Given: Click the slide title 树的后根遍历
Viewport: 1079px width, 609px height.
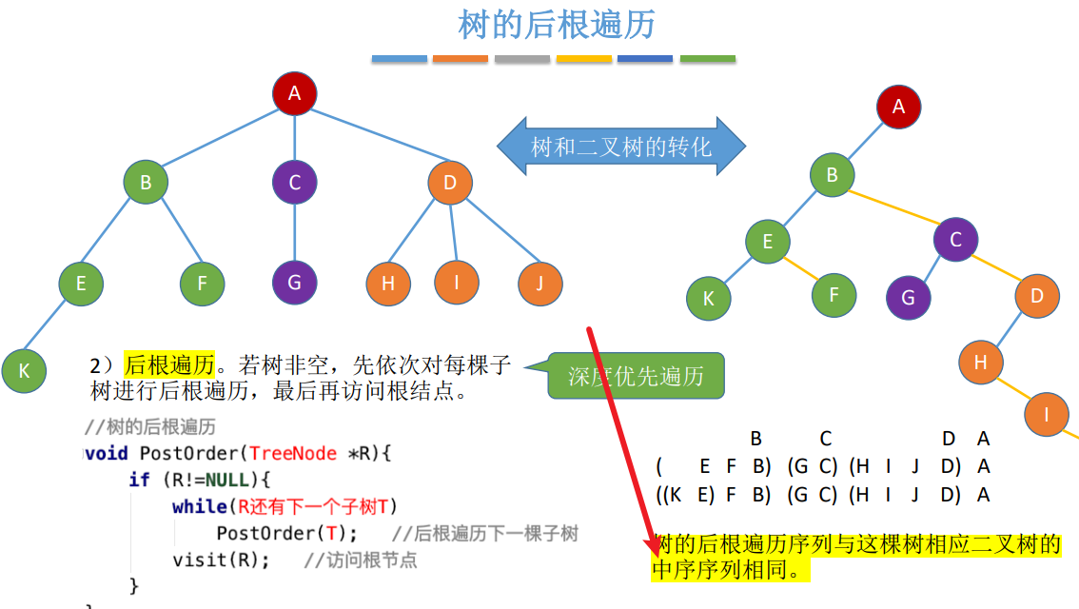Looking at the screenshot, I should click(x=557, y=25).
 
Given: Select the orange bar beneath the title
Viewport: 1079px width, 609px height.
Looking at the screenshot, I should click(x=461, y=59).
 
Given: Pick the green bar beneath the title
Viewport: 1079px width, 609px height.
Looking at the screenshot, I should click(x=707, y=59).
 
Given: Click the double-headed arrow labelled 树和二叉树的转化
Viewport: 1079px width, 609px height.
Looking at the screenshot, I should click(x=621, y=147).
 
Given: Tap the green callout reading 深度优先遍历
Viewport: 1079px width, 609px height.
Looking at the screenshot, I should click(x=636, y=376).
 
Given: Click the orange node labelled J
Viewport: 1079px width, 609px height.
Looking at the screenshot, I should click(x=540, y=283).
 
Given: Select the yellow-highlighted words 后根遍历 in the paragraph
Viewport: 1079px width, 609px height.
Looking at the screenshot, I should click(x=169, y=364).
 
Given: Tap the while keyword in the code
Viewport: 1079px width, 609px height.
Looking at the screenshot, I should click(x=199, y=506).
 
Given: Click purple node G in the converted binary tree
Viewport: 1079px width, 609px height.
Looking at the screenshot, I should click(x=908, y=298).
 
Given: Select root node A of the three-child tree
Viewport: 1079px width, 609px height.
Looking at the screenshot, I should click(x=294, y=93).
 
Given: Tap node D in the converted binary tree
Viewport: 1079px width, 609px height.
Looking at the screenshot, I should click(x=1037, y=296).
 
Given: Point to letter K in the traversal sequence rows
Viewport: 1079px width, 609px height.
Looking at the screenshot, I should click(x=675, y=495).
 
